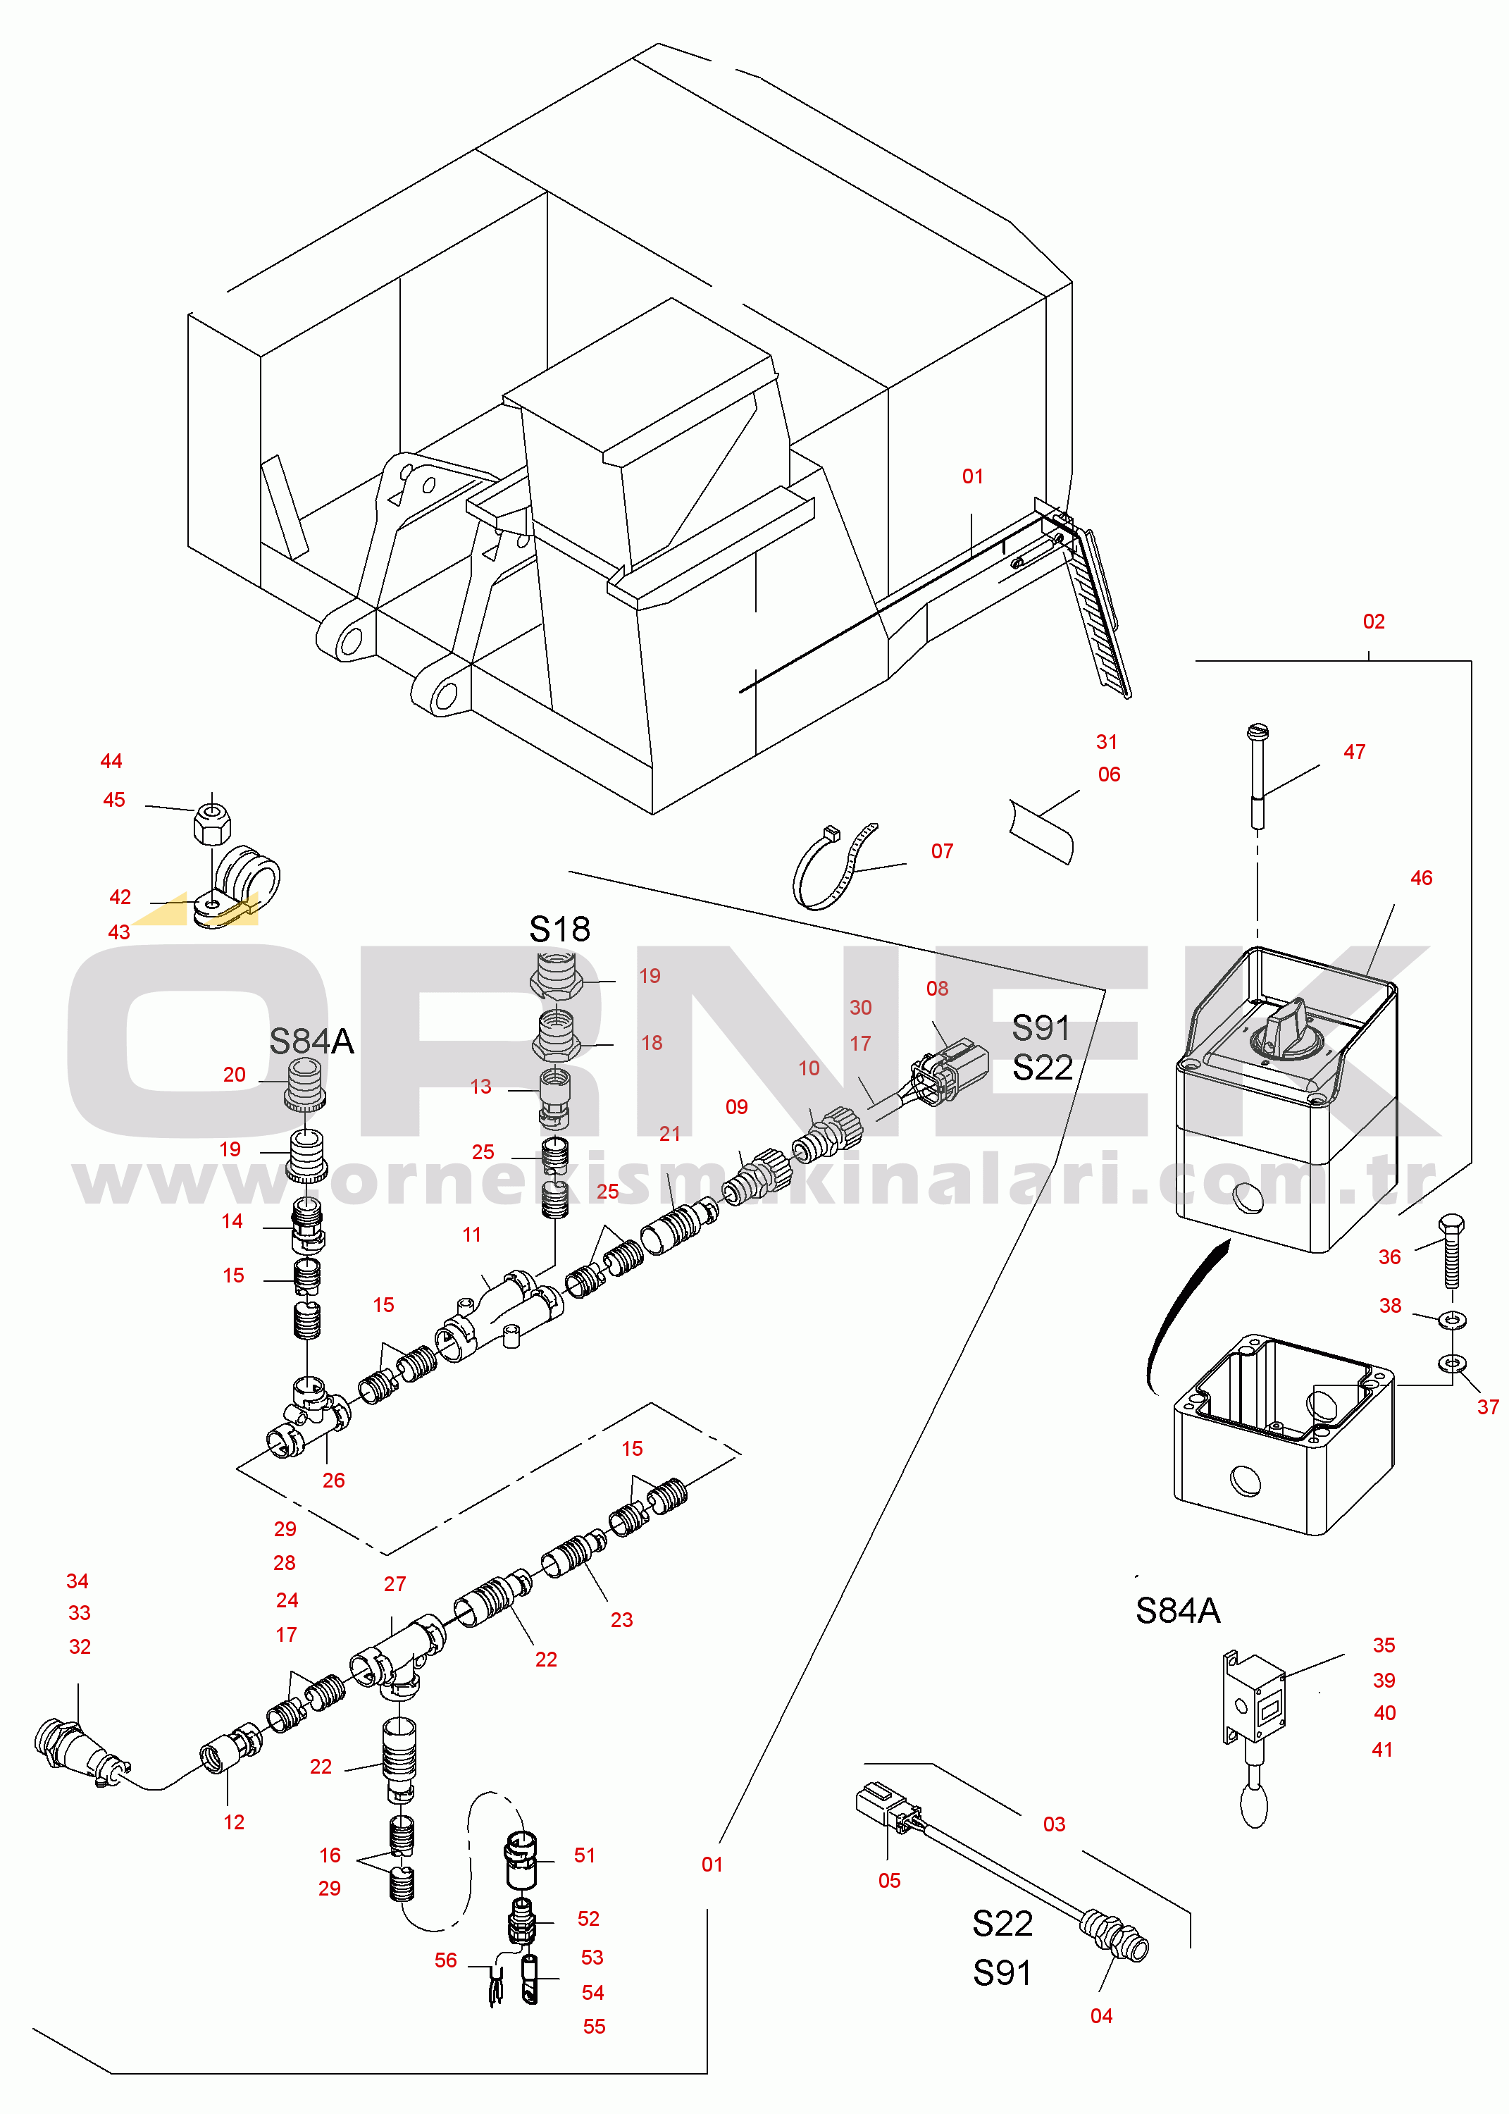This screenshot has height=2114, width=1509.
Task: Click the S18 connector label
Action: [x=559, y=928]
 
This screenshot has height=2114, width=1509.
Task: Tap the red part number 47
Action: [x=1354, y=752]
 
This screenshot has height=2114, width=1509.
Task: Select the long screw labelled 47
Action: [x=1257, y=776]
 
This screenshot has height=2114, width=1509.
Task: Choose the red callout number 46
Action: [x=1421, y=878]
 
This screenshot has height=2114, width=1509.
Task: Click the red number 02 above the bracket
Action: [x=1373, y=622]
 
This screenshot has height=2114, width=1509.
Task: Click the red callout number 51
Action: [x=585, y=1855]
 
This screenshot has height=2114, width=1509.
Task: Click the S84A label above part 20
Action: [x=312, y=1041]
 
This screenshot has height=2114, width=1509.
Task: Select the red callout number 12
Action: [x=234, y=1822]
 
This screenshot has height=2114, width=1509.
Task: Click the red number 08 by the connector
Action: [x=938, y=989]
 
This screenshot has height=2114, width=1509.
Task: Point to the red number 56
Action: [x=446, y=1960]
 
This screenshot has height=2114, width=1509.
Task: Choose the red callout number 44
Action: [x=111, y=761]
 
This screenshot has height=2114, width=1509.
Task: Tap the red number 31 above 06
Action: [x=1107, y=741]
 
